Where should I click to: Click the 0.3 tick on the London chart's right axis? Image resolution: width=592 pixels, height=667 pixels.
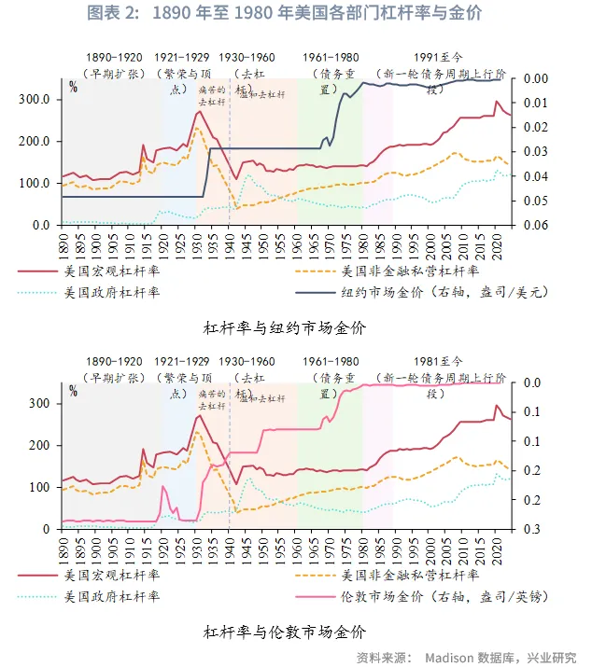(x=530, y=530)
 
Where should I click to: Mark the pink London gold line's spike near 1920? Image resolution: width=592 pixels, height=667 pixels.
(x=163, y=487)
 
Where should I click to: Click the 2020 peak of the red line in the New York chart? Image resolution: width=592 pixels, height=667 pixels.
(x=497, y=102)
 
